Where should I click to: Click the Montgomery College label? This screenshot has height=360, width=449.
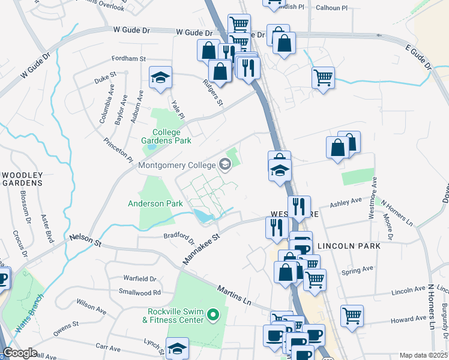coord(178,164)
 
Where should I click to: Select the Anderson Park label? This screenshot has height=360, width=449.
coord(155,203)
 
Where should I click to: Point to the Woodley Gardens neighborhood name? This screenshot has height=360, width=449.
coord(22,178)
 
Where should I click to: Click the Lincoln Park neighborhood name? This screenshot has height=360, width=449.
coord(349,246)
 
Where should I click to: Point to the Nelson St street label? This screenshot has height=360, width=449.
coord(85,239)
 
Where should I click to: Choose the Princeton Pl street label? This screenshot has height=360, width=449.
coord(117,150)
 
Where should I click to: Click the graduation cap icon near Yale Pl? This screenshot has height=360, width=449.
coord(160,77)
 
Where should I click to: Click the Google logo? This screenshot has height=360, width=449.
coord(20,353)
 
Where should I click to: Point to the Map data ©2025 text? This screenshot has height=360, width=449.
coord(424,355)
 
